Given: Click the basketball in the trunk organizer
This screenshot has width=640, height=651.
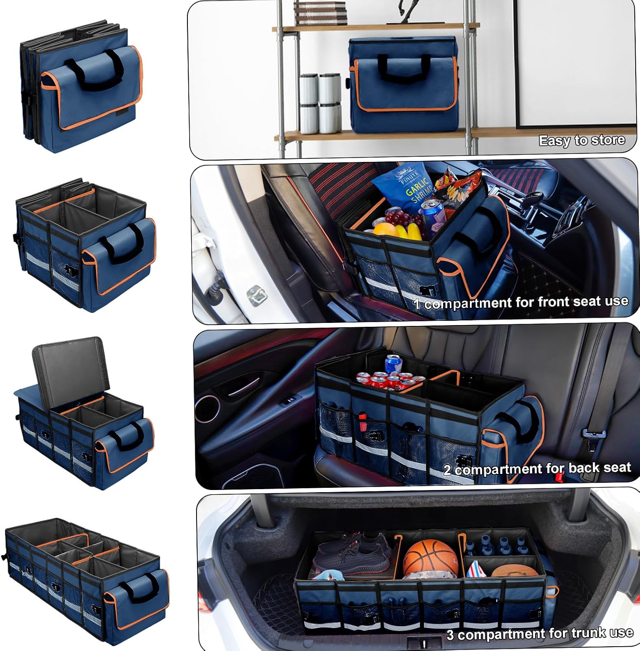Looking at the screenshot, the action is tap(430, 558).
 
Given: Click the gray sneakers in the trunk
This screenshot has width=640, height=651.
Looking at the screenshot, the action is tap(352, 553).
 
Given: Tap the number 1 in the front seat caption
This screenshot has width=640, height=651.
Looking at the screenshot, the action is tap(417, 304).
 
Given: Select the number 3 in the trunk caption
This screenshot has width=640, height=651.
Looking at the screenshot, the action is tap(451, 635).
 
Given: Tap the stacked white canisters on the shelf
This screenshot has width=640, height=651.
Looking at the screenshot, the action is tap(320, 103).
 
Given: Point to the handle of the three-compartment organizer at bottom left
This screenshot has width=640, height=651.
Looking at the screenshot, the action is tap(138, 586).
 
